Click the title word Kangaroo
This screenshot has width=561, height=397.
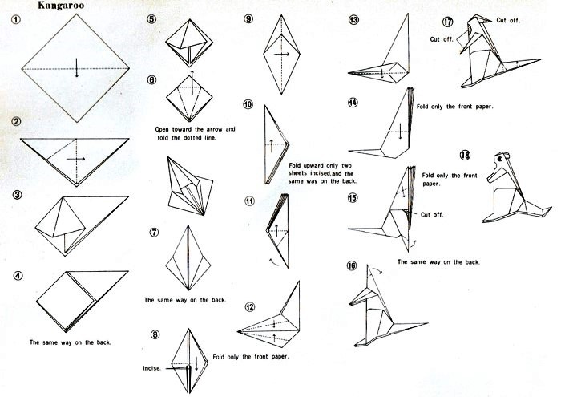pos(61,6)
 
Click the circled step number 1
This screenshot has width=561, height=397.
pos(16,19)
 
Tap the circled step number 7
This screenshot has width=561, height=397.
pos(154,233)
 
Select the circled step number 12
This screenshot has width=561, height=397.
pos(250,307)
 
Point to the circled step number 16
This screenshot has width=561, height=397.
pos(352,265)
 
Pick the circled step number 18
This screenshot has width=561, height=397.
pos(465,155)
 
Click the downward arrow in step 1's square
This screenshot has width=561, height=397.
pos(77,67)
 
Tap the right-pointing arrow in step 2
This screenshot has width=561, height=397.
pos(75,159)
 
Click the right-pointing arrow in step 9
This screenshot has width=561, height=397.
pos(281,54)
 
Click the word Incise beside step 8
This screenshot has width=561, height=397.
pos(152,368)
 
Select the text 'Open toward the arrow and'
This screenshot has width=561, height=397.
pos(195,129)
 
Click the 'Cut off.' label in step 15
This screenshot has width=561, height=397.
pos(432,215)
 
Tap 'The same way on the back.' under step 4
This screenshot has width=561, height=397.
pos(71,342)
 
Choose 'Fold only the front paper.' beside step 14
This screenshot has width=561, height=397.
pos(454,107)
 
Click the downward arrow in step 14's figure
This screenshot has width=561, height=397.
pos(400,132)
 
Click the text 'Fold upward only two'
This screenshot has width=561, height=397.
pos(321,166)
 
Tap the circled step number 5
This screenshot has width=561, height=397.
pos(151,19)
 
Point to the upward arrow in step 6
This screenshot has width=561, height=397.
pos(192,83)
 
